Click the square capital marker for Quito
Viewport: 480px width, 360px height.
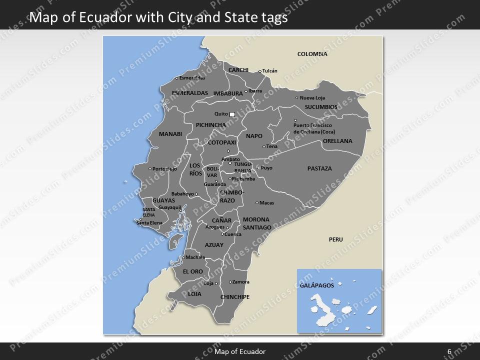pos(232,114)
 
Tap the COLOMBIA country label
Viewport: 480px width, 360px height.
pos(312,54)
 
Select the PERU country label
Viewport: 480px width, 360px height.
pos(336,239)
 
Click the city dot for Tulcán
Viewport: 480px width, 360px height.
pos(260,71)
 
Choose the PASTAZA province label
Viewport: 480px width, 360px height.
pos(319,168)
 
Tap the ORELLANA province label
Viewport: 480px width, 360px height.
pos(337,141)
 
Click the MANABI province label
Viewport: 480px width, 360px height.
pos(170,134)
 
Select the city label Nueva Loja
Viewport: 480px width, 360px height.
pos(312,98)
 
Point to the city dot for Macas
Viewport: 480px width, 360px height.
pos(257,203)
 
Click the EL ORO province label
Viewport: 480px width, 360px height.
pos(193,271)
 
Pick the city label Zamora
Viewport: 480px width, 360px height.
pos(241,282)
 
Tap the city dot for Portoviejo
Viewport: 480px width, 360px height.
pos(150,169)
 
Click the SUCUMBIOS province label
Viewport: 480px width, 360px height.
pos(321,107)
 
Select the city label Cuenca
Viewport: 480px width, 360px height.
pos(233,234)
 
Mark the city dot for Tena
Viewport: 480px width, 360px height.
pos(264,147)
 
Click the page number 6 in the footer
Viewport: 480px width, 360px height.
pos(449,351)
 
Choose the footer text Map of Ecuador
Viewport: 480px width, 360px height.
pos(240,351)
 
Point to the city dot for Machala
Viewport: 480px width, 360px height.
pos(183,258)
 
